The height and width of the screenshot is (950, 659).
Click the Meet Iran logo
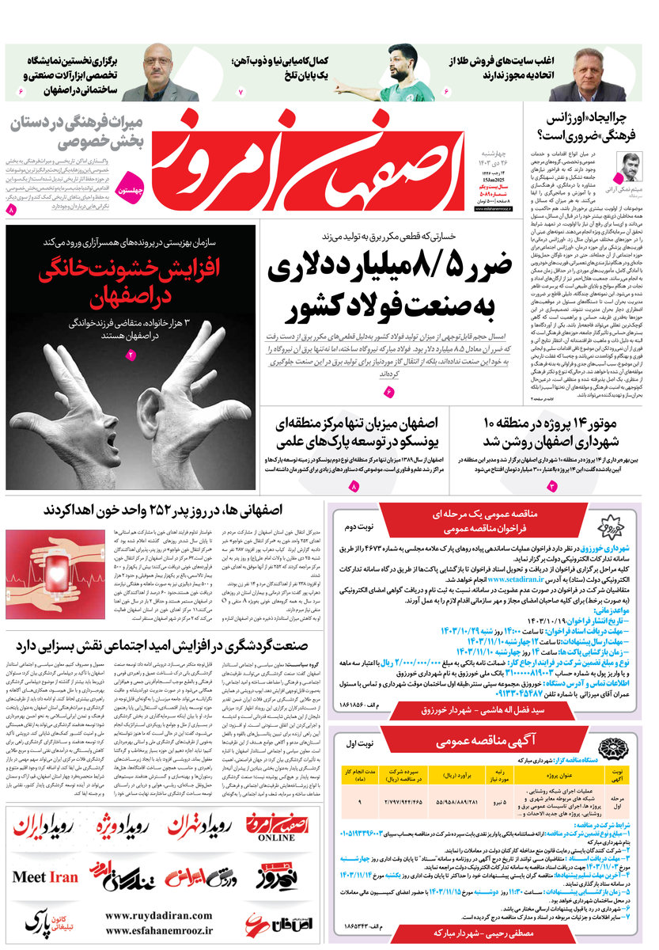(x=45, y=877)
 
